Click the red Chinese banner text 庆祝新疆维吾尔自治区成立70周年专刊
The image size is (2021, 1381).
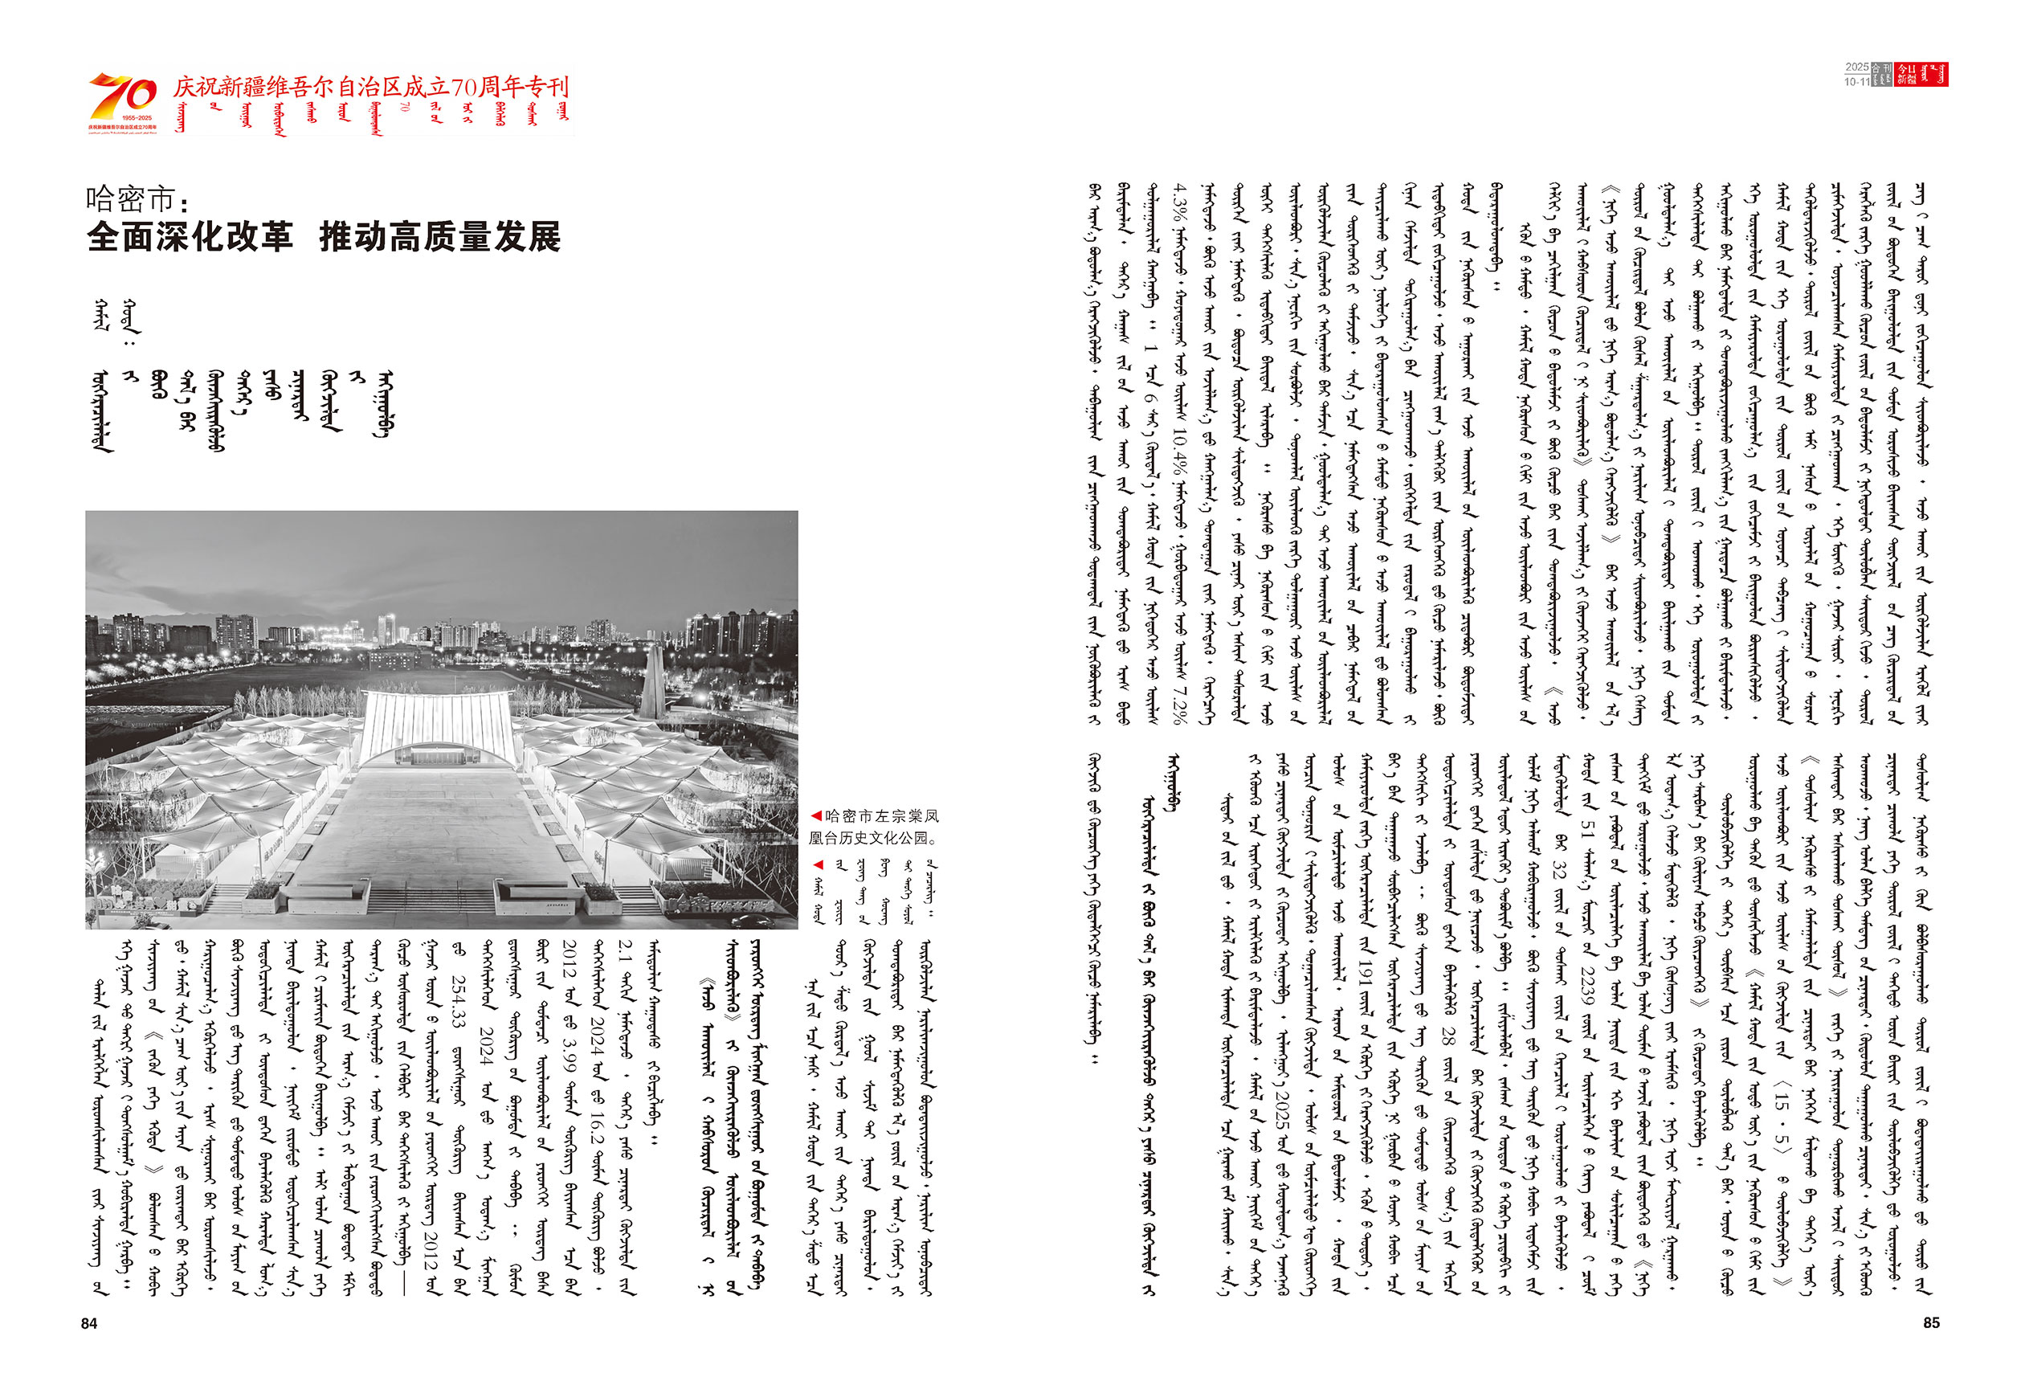click(370, 87)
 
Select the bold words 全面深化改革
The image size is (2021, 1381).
click(190, 236)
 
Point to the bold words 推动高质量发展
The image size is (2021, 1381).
click(440, 236)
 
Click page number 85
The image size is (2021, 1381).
click(1930, 1322)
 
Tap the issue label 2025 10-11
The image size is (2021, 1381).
click(1856, 75)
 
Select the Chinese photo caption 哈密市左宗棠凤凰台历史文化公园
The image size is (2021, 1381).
click(874, 827)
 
